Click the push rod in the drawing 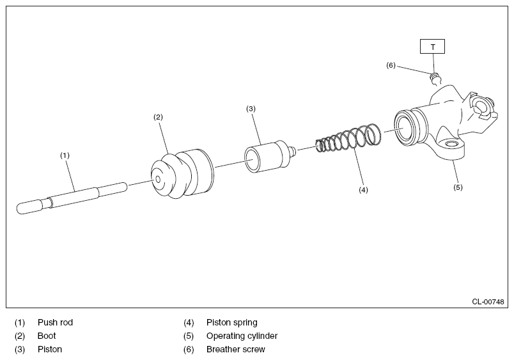70,197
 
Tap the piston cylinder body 263,155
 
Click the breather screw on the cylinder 434,79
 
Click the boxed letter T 432,46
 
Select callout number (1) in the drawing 65,155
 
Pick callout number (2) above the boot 158,117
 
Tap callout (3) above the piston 251,109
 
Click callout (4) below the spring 363,190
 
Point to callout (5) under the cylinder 458,187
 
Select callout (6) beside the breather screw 391,65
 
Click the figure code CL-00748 488,301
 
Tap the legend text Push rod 55,322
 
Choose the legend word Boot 47,336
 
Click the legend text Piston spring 231,322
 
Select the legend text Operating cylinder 242,336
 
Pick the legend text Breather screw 235,349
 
